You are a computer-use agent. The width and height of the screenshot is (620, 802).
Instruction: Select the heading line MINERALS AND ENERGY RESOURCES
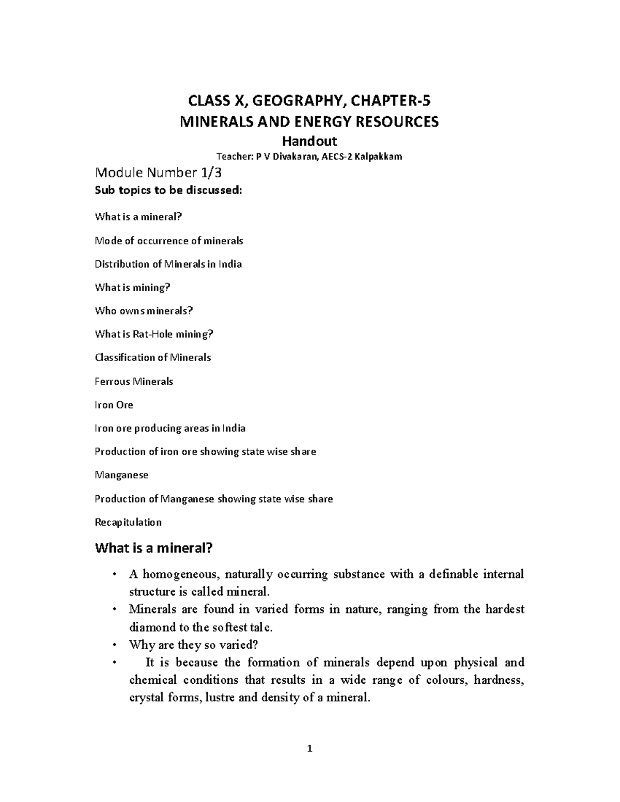(308, 122)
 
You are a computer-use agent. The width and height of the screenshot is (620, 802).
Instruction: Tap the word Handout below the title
(308, 141)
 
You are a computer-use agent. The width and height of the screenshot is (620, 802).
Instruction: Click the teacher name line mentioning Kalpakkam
(308, 157)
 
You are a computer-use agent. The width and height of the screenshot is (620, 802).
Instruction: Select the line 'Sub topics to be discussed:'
(168, 190)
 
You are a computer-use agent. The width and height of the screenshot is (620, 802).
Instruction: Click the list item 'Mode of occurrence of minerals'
(169, 241)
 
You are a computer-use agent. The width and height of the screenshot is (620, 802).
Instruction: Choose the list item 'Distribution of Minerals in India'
(168, 264)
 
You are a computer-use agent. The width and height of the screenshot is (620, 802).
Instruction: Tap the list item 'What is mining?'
(132, 288)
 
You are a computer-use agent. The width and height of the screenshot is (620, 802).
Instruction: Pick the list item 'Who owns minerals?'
(144, 311)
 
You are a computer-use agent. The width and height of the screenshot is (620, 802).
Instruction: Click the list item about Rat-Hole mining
(154, 334)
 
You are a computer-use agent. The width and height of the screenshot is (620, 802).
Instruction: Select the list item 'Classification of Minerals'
(153, 357)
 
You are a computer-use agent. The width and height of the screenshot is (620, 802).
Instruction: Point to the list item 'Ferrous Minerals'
(134, 382)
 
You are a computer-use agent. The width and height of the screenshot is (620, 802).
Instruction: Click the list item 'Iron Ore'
(114, 405)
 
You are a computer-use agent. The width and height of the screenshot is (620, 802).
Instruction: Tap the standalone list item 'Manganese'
(121, 475)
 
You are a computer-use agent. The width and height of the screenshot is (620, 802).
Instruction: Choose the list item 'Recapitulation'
(128, 522)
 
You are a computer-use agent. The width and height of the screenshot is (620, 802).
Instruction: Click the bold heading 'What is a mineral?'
(154, 548)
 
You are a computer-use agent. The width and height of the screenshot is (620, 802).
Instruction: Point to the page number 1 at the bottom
(309, 749)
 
